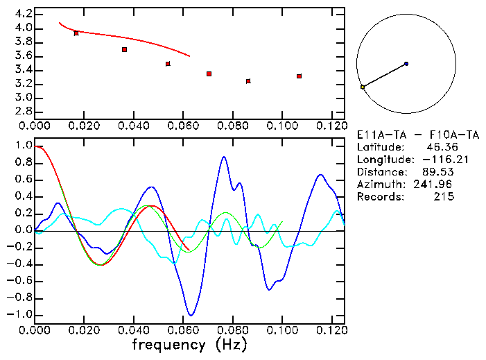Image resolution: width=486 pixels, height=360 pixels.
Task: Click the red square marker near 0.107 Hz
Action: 299,76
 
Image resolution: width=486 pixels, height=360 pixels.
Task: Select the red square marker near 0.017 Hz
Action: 76,33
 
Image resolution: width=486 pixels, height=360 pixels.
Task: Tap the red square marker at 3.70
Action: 124,50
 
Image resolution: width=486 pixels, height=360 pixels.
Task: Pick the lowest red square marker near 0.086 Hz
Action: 248,81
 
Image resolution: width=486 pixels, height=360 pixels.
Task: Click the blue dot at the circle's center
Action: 406,64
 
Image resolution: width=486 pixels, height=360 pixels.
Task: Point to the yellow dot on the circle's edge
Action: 363,87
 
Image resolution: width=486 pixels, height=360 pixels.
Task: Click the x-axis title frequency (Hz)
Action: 189,345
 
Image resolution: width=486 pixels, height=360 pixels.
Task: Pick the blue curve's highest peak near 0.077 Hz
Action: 224,157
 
